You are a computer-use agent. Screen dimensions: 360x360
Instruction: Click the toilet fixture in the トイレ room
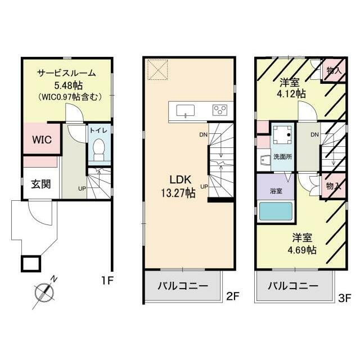tap(99, 150)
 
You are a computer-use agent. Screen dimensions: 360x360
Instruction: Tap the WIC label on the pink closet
tap(42, 139)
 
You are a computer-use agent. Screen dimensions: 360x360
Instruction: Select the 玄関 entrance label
tap(41, 184)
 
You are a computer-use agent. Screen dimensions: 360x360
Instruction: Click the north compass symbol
tap(44, 292)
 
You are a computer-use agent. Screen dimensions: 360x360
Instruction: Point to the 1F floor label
tap(107, 280)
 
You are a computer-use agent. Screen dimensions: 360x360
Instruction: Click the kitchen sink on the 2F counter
tap(185, 111)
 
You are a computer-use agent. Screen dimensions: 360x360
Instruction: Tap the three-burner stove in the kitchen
tap(220, 110)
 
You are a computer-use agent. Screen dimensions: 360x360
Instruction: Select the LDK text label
tap(180, 180)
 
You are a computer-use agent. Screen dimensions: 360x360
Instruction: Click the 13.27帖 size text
tap(178, 193)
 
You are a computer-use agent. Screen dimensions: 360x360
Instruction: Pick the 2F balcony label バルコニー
tap(183, 286)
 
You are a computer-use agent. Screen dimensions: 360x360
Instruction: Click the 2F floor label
tap(233, 296)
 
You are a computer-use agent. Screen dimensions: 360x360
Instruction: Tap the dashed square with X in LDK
tap(157, 70)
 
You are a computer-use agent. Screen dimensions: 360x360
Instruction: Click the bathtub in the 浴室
tap(276, 211)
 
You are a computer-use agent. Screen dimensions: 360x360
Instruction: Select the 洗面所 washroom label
tap(282, 157)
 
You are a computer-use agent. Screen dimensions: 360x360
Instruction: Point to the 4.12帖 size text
tap(291, 94)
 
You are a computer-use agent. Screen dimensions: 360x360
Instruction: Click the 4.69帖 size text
tap(302, 250)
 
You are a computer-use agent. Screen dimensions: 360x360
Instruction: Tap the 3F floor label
tap(345, 299)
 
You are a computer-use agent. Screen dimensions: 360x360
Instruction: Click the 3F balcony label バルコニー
tap(294, 286)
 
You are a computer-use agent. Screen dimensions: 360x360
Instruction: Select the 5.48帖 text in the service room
tap(69, 86)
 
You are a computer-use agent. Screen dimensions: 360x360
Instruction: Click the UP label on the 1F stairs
tap(82, 189)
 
